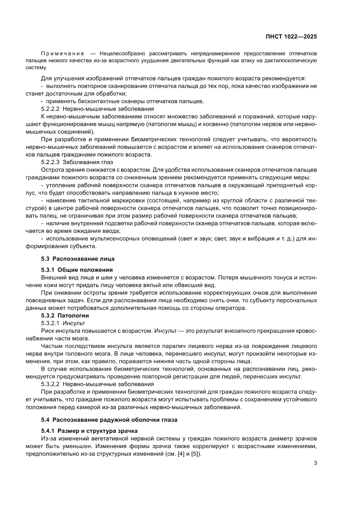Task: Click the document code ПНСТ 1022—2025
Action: click(x=291, y=37)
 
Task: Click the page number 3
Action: click(x=315, y=463)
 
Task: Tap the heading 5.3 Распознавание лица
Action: click(x=78, y=259)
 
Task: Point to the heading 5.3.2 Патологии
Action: click(x=65, y=315)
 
